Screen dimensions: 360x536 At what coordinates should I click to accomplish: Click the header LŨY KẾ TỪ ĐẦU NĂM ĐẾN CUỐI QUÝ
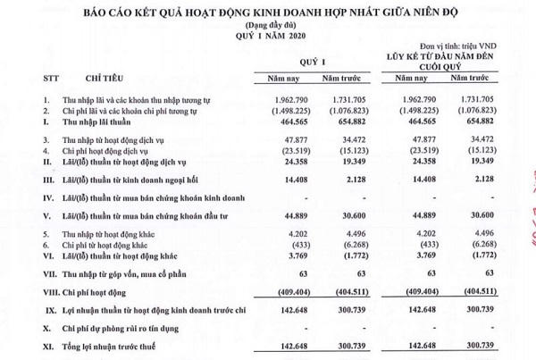tap(448, 59)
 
